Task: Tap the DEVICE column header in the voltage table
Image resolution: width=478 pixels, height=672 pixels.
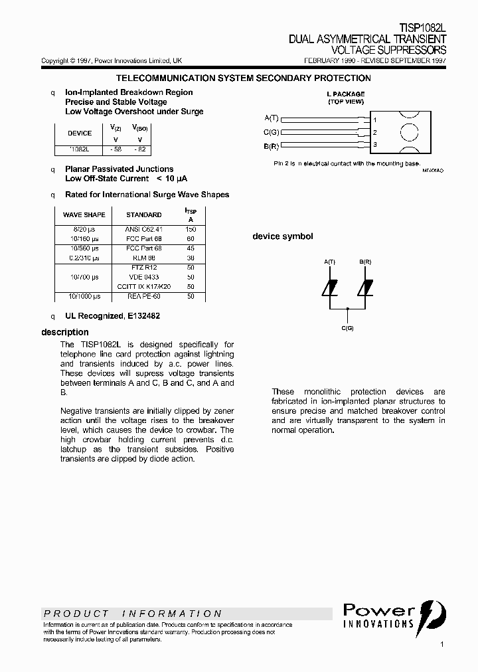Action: tap(80, 133)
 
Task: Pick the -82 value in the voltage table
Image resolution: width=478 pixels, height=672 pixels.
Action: tap(139, 150)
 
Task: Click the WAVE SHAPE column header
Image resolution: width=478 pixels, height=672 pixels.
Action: tap(84, 214)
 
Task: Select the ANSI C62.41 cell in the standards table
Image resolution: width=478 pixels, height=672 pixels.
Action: tap(143, 229)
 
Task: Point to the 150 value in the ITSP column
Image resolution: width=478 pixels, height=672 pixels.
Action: tap(191, 229)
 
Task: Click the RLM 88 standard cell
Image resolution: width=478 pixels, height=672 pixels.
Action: tap(143, 258)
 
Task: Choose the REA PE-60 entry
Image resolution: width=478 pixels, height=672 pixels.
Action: tap(143, 296)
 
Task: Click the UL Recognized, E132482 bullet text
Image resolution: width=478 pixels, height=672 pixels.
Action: tap(112, 316)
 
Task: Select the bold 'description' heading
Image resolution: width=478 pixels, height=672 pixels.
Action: tap(65, 332)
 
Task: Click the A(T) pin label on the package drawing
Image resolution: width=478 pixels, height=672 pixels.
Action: tap(272, 118)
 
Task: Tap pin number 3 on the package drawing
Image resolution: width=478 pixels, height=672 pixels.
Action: tap(375, 145)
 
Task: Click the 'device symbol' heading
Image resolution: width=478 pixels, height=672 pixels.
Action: tap(283, 236)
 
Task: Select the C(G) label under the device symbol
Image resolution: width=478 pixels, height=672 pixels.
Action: tap(348, 329)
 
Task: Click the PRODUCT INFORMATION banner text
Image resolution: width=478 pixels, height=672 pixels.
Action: tap(133, 614)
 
